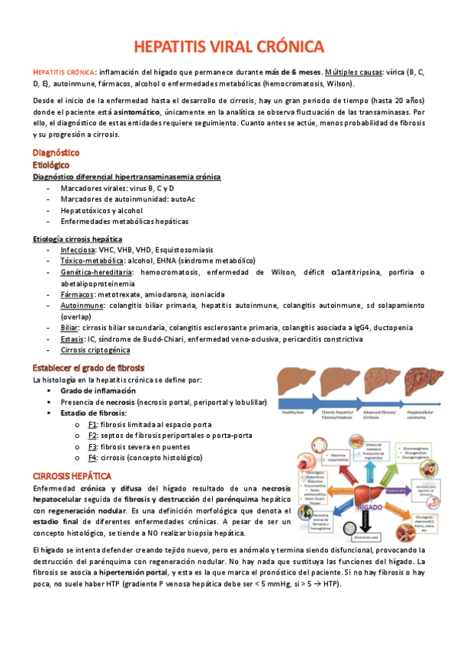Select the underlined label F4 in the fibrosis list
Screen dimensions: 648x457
coord(92,458)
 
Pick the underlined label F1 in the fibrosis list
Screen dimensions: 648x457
coord(92,423)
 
